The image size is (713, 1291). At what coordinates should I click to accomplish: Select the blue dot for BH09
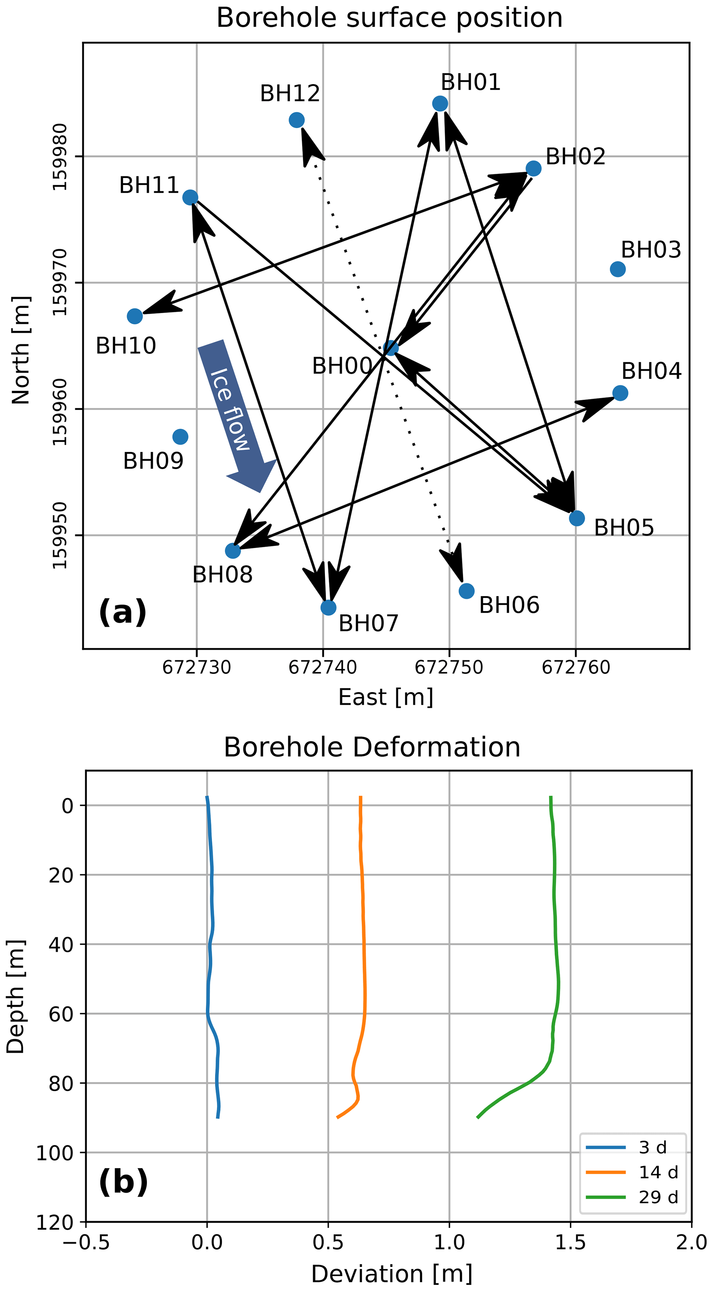(x=180, y=437)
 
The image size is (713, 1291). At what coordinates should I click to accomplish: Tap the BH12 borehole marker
(x=296, y=120)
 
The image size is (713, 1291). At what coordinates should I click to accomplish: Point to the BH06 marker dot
(x=466, y=591)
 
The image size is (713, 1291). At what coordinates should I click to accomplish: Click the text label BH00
(x=342, y=366)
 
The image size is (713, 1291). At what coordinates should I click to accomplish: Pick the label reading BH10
(x=126, y=346)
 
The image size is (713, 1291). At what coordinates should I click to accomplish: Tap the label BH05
(x=624, y=528)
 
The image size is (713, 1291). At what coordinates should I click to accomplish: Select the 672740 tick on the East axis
(x=323, y=667)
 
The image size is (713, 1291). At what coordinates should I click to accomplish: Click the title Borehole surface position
(x=389, y=18)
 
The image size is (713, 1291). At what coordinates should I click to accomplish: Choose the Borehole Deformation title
(x=372, y=747)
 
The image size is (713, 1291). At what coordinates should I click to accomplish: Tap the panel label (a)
(x=123, y=612)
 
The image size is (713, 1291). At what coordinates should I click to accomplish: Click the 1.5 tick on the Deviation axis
(x=570, y=1243)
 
